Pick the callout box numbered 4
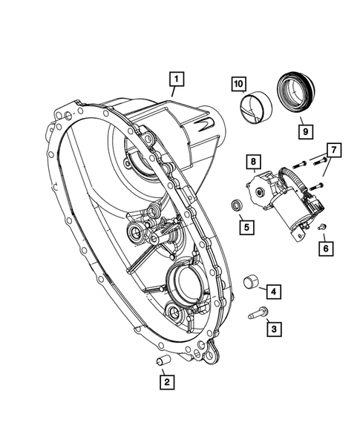tap(274, 292)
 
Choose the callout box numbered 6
tap(324, 247)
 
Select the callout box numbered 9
tap(305, 131)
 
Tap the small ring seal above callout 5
tap(236, 203)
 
